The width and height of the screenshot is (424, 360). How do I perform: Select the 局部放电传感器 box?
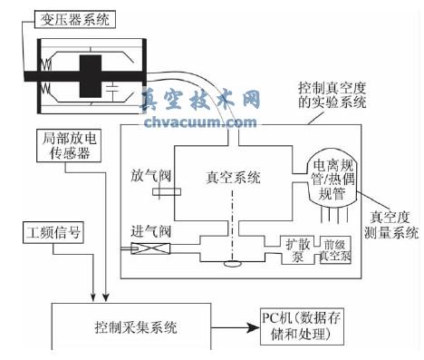click(x=66, y=147)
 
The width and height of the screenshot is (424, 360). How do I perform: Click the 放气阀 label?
click(x=147, y=174)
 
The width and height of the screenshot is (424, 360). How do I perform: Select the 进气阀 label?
click(x=149, y=232)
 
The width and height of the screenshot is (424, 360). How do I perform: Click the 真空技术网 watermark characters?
click(x=203, y=101)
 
